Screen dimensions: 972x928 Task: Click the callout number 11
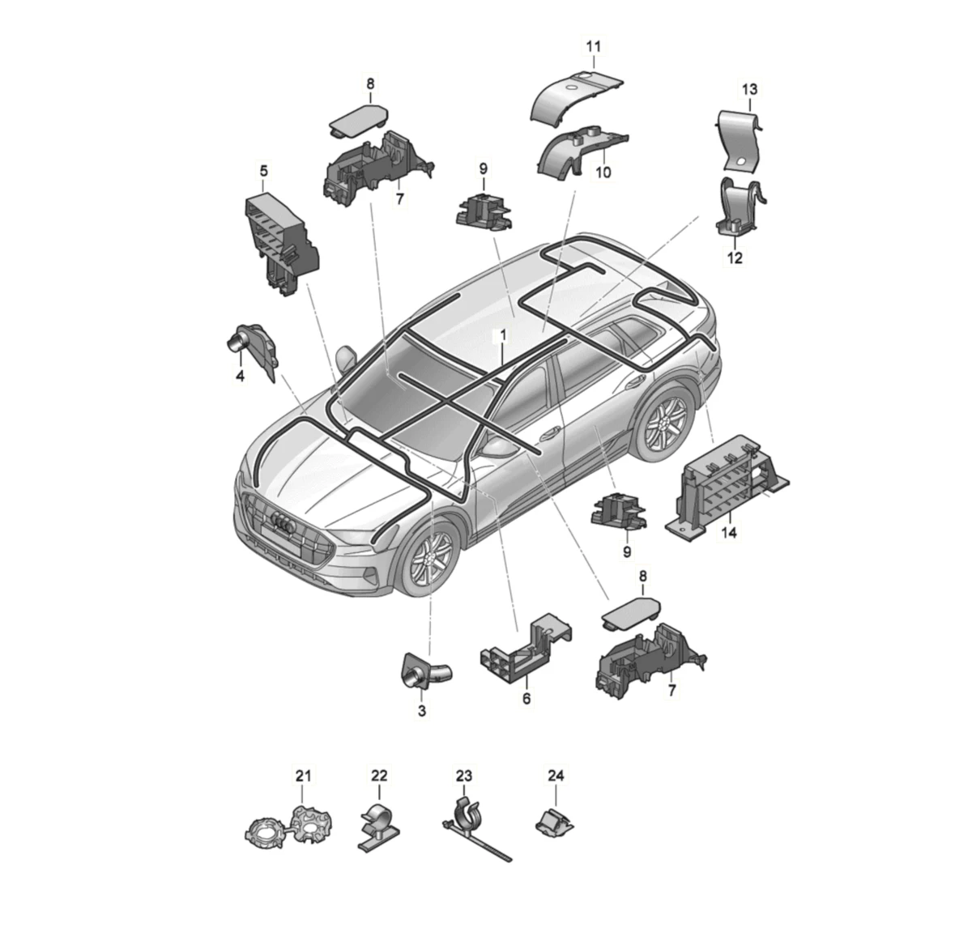(593, 47)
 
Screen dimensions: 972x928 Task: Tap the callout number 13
(749, 89)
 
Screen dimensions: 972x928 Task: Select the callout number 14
(729, 533)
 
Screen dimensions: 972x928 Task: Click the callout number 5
(264, 171)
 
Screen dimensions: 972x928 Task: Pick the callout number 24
(556, 776)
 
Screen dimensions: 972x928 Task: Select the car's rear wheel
(663, 421)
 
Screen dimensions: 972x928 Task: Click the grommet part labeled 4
(254, 349)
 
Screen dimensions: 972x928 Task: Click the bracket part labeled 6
(526, 646)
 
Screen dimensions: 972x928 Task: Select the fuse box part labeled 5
(282, 242)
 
